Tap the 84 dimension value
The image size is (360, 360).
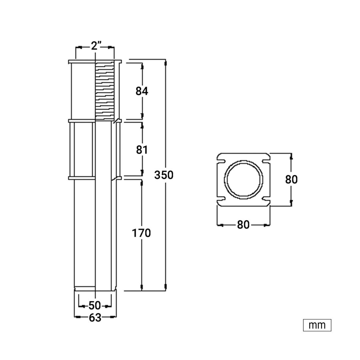pyautogui.click(x=142, y=91)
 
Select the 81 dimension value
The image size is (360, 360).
pyautogui.click(x=142, y=150)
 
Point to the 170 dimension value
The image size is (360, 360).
pyautogui.click(x=141, y=233)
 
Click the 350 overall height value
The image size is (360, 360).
pyautogui.click(x=164, y=175)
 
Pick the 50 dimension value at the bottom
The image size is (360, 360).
pyautogui.click(x=95, y=306)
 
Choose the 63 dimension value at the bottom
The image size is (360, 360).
pyautogui.click(x=95, y=318)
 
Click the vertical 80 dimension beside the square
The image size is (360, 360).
pyautogui.click(x=291, y=179)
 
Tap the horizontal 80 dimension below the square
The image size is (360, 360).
pyautogui.click(x=243, y=225)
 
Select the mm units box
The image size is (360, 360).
pyautogui.click(x=317, y=325)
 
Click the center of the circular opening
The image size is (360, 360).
pyautogui.click(x=244, y=180)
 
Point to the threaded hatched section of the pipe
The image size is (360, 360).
pyautogui.click(x=105, y=91)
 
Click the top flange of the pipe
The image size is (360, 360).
pyautogui.click(x=95, y=62)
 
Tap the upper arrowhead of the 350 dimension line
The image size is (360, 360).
pyautogui.click(x=165, y=63)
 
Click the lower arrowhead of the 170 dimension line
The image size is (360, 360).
pyautogui.click(x=142, y=287)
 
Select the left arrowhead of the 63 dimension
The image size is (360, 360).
pyautogui.click(x=78, y=317)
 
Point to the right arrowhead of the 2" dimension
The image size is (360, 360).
pyautogui.click(x=110, y=47)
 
